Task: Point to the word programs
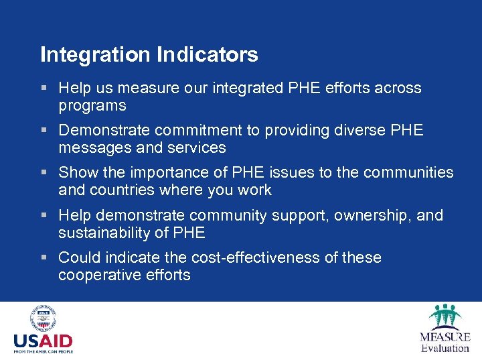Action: [92, 106]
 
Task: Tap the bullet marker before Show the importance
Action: [44, 173]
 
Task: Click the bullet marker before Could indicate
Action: [44, 258]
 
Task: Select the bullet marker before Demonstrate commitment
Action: [44, 131]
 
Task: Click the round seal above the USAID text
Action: [43, 319]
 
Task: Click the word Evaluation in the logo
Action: [445, 348]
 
